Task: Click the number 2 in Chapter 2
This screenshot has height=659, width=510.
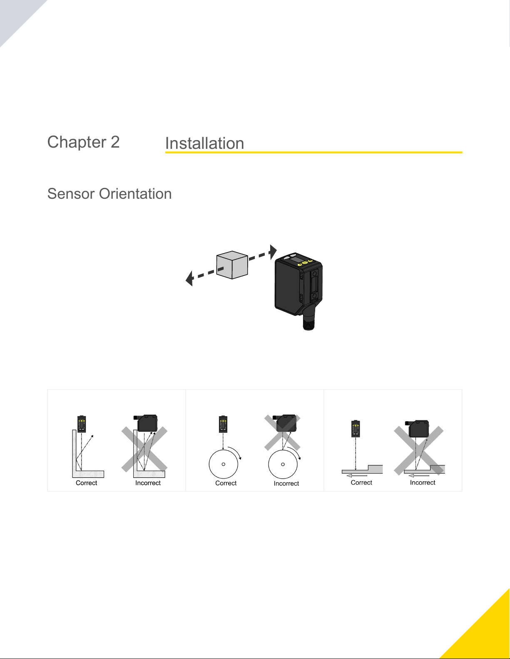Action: (x=115, y=142)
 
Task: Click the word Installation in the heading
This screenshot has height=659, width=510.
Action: (x=204, y=143)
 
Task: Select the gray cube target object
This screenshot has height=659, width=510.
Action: (x=232, y=265)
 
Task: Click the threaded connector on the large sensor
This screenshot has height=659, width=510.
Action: (x=308, y=322)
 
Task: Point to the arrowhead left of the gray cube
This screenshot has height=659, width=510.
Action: (x=189, y=278)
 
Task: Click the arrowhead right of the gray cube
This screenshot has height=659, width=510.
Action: (x=273, y=252)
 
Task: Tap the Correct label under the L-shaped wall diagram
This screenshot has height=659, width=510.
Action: (x=86, y=483)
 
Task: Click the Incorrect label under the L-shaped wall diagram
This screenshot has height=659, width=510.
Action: (x=148, y=483)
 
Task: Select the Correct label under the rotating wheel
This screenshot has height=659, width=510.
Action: (x=226, y=483)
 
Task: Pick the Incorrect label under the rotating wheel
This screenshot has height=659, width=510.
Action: (x=286, y=484)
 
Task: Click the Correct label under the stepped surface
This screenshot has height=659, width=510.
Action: (x=361, y=483)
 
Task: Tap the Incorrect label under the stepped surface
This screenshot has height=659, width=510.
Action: (x=423, y=483)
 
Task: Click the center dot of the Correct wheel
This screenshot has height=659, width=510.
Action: (x=224, y=464)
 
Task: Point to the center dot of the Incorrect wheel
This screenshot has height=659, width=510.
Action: (x=283, y=464)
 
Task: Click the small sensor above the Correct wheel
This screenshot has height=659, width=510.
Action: (x=223, y=424)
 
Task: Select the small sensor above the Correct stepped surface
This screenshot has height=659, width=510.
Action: (x=356, y=429)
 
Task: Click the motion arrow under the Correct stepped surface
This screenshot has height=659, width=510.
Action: (x=357, y=476)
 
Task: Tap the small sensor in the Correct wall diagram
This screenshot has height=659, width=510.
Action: (x=82, y=424)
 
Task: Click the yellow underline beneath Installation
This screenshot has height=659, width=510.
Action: (x=313, y=153)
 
